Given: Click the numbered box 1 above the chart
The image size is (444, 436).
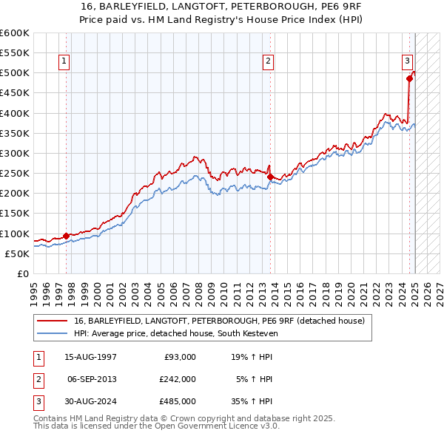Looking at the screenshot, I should pos(65,61).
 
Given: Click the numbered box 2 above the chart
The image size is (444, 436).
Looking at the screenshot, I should pos(268,61).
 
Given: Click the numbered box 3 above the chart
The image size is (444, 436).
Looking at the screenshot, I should pos(407,61).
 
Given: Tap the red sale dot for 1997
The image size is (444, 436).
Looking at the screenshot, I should pos(66,236).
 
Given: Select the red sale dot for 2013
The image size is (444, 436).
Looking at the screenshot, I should pos(270,177).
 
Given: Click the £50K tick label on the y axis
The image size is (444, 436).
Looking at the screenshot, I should pos(18,253).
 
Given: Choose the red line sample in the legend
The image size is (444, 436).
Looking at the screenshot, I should pos(52,321).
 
